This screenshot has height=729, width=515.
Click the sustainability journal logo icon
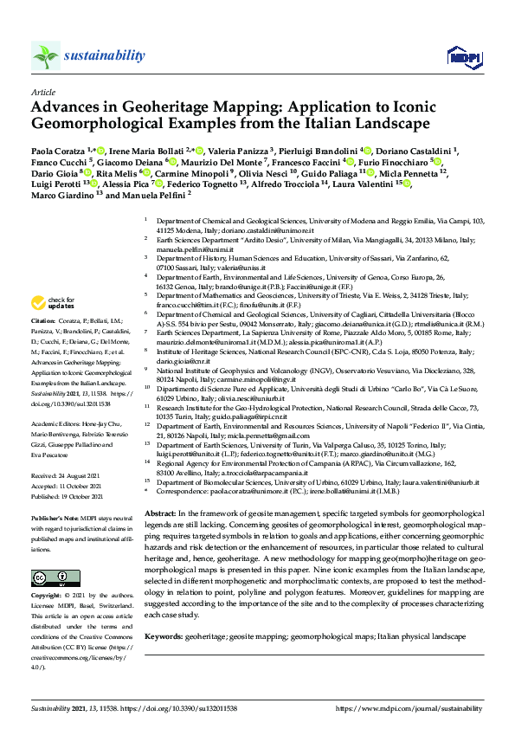(45, 56)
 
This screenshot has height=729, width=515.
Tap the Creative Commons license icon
(43, 553)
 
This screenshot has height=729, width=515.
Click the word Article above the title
(42, 92)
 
